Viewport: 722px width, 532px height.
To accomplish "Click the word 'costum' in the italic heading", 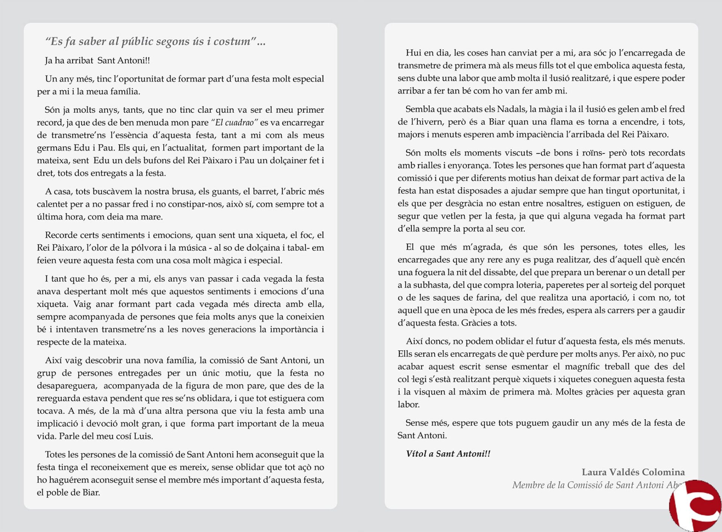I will (232, 41).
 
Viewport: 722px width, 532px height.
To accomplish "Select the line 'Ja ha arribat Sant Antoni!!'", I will (97, 61).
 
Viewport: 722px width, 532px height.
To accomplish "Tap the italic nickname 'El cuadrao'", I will (235, 123).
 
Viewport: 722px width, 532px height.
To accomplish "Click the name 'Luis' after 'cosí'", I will (143, 436).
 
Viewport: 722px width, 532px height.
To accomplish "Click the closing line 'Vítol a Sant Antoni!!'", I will (448, 454).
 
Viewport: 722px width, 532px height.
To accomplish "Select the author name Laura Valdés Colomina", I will (633, 472).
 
